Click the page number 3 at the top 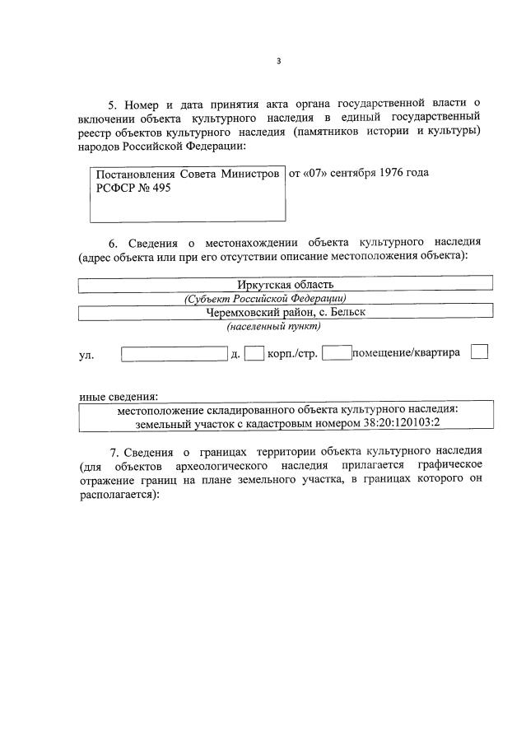tap(278, 61)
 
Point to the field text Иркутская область tap(285, 284)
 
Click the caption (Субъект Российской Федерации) tap(265, 298)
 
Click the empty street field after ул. tap(174, 354)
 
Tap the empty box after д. tap(255, 354)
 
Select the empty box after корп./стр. tap(337, 354)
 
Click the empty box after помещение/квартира tap(479, 352)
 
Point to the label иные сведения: tap(119, 396)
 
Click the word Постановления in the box tap(134, 175)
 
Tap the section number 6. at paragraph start tap(114, 242)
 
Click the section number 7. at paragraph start tap(115, 452)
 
